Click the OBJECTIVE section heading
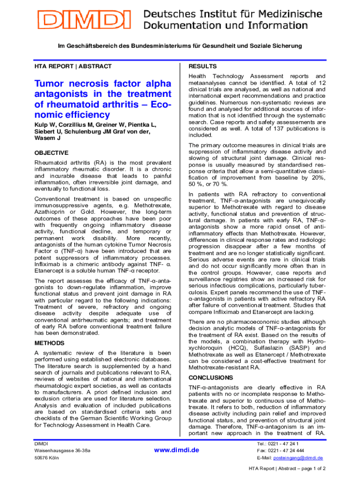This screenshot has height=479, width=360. pos(51,153)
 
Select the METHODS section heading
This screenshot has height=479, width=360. pos(50,343)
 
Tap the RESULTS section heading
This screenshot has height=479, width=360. pos(202,66)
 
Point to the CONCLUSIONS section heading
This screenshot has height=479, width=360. pos(210,377)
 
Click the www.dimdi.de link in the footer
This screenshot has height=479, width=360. pos(177,450)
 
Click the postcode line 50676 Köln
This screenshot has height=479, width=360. pos(47,457)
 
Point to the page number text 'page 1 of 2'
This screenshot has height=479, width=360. pos(310,468)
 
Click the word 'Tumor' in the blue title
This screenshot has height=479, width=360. pos(52,84)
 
